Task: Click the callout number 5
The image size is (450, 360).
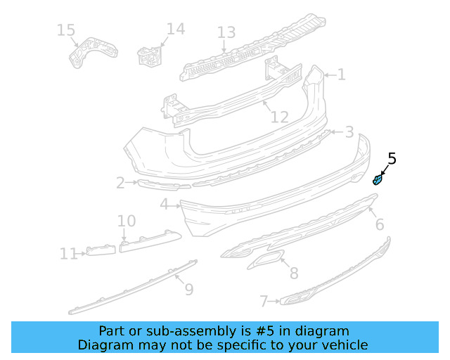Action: [392, 159]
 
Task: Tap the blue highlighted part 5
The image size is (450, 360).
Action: [378, 180]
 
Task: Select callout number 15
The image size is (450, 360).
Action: [65, 30]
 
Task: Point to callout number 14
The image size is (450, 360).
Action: [175, 29]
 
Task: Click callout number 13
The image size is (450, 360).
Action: [226, 32]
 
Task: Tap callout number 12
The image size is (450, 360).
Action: [280, 117]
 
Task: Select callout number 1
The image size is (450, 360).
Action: [341, 75]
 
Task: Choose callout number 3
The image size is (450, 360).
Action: [349, 132]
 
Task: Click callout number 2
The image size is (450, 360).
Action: [120, 184]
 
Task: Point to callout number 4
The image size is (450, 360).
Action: [164, 205]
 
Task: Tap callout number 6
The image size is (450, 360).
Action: [380, 224]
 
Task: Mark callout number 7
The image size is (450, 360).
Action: [264, 302]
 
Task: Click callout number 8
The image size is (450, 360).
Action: [293, 273]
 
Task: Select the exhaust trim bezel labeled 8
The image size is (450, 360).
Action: [264, 261]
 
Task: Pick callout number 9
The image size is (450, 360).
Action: [188, 289]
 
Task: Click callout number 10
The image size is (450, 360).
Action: [127, 221]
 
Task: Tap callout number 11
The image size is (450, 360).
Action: [68, 253]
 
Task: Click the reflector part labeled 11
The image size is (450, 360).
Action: [101, 250]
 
